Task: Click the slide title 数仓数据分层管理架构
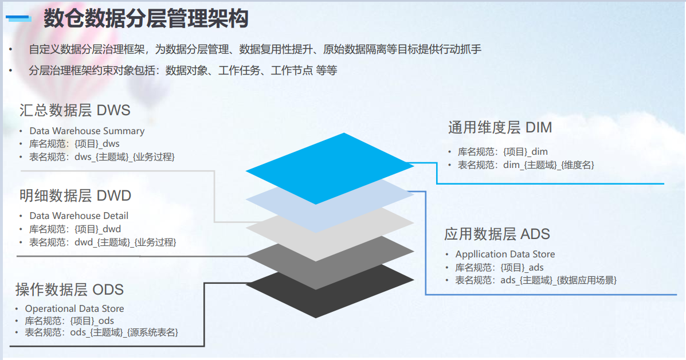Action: [x=146, y=19]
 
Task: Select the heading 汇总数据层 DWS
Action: [x=75, y=109]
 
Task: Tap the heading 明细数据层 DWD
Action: [x=75, y=195]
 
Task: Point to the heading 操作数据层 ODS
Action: [x=69, y=289]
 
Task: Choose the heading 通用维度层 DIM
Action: [x=500, y=127]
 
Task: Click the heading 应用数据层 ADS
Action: [x=497, y=234]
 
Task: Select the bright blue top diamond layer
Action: [x=329, y=167]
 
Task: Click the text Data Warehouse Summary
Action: [x=87, y=131]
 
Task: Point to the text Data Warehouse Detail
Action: [x=79, y=216]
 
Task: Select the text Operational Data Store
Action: [x=75, y=308]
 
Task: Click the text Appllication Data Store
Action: [x=505, y=254]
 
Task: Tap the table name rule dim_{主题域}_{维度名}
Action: [x=548, y=165]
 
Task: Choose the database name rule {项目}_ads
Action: [x=522, y=267]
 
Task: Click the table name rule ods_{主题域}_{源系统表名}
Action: [x=124, y=332]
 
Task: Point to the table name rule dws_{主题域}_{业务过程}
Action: [x=124, y=156]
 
